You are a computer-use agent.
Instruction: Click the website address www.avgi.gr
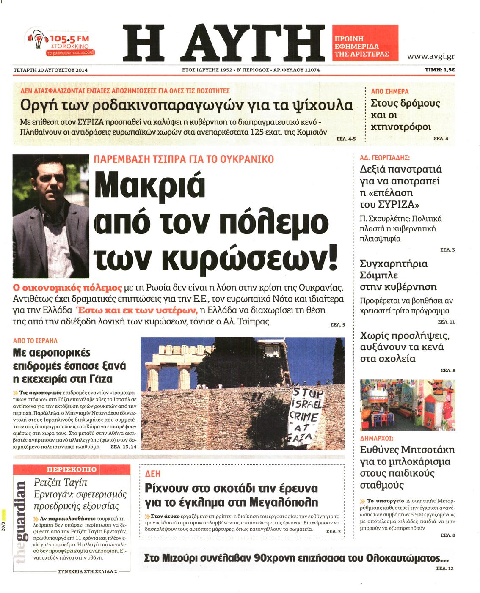coord(430,56)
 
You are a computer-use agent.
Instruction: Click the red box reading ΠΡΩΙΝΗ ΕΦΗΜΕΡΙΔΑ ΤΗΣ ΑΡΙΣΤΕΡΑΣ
coord(365,43)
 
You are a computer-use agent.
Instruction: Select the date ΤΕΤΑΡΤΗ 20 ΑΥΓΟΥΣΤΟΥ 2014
coord(50,70)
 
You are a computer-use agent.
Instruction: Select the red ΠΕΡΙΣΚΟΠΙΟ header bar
coord(72,469)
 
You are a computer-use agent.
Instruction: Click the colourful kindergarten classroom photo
coord(407,405)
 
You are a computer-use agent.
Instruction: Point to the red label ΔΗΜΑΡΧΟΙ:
coord(377,438)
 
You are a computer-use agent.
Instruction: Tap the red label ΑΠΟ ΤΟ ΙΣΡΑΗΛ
coord(35,340)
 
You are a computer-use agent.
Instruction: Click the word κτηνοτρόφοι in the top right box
coord(401,127)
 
